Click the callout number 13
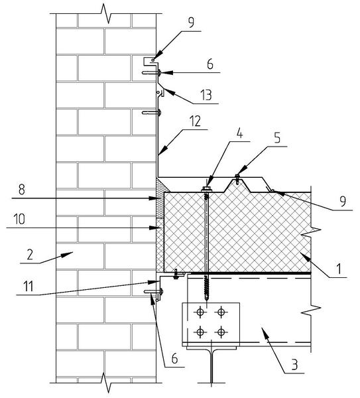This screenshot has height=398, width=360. tap(206, 95)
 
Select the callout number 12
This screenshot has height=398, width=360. tap(195, 121)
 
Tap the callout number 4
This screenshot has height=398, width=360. tap(239, 133)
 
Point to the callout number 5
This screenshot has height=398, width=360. tap(277, 137)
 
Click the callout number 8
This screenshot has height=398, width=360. tap(22, 190)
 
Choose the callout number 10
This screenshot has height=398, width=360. tap(19, 219)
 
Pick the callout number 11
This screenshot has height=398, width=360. tap(28, 286)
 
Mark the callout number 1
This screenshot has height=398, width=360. tap(339, 269)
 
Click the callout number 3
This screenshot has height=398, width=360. tap(294, 364)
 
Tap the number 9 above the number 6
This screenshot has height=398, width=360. tap(191, 23)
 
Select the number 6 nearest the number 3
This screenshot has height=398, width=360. tap(174, 358)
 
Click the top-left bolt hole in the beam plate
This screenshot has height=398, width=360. tap(200, 312)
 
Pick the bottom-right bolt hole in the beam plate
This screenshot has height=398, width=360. tap(221, 331)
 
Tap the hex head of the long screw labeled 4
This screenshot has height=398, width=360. tap(206, 189)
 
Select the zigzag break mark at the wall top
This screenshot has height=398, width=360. tap(106, 13)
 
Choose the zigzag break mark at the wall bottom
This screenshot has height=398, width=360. tap(106, 383)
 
